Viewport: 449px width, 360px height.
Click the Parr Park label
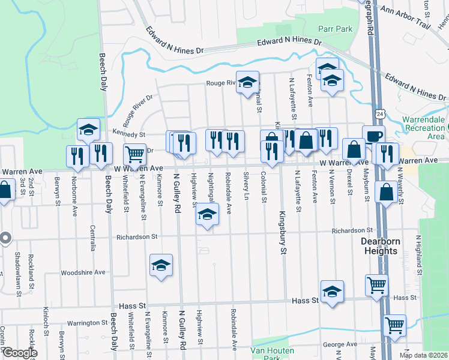click(x=335, y=29)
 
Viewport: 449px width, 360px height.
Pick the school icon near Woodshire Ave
click(x=161, y=265)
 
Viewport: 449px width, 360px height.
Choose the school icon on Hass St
click(x=332, y=291)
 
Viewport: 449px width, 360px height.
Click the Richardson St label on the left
click(x=137, y=237)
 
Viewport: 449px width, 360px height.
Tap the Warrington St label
click(x=86, y=323)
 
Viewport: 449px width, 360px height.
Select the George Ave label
click(x=340, y=344)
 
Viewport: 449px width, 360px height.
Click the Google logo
click(x=19, y=353)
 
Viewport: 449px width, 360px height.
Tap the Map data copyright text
click(x=423, y=355)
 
